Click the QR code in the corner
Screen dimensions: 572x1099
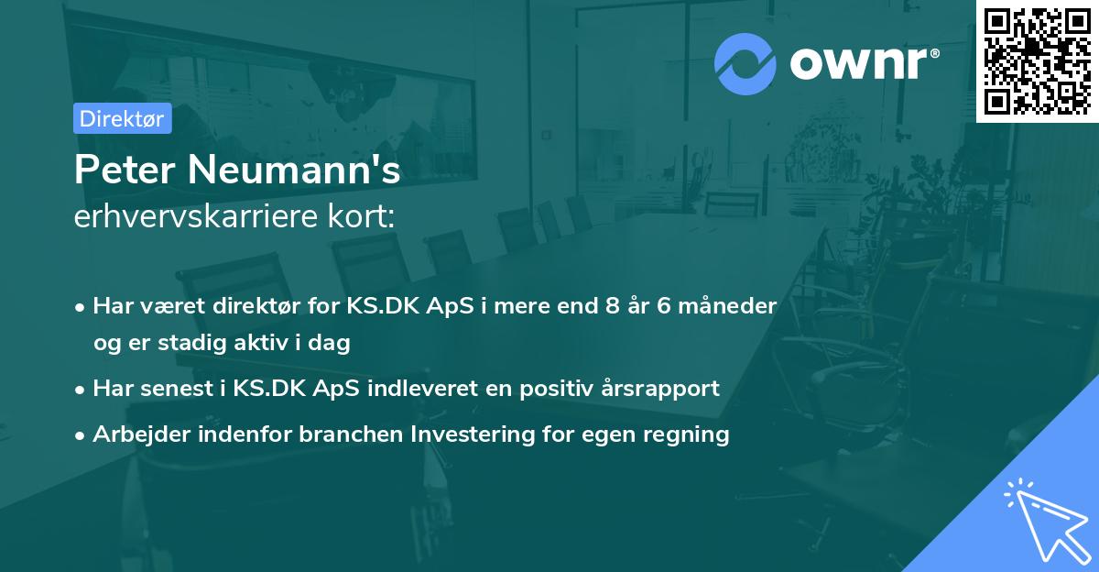pyautogui.click(x=1038, y=60)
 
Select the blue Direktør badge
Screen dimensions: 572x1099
pyautogui.click(x=122, y=118)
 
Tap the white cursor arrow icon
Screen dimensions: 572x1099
pyautogui.click(x=1040, y=517)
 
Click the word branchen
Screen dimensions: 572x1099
pyautogui.click(x=343, y=434)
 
